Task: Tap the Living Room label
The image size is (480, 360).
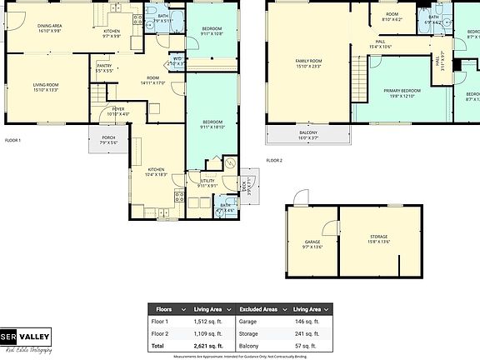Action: click(x=51, y=87)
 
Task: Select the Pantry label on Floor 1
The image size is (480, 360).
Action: click(x=104, y=67)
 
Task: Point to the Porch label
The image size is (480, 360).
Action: click(x=108, y=140)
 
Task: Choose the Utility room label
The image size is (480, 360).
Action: click(x=208, y=182)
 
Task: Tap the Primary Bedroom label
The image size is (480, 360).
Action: click(x=402, y=92)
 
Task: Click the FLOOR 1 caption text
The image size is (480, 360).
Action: click(x=12, y=140)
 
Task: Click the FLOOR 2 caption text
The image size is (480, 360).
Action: click(x=274, y=160)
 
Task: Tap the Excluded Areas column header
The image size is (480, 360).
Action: click(x=259, y=309)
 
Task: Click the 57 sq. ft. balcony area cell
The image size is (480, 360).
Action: click(x=307, y=345)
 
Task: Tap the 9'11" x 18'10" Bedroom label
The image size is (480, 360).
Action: click(x=212, y=126)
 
